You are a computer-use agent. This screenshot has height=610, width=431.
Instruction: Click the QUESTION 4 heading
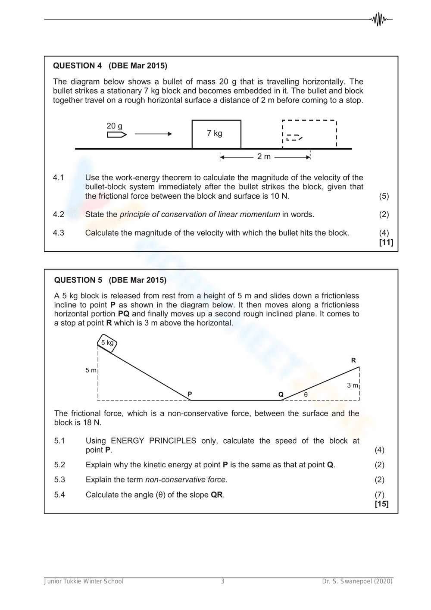tap(110, 66)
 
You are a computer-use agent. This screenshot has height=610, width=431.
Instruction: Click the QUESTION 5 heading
tap(110, 280)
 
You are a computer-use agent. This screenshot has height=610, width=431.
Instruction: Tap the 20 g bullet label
tap(114, 126)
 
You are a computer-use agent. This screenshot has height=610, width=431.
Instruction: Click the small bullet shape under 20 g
tap(117, 135)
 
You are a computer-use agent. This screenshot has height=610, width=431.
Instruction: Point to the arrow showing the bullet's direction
tap(153, 134)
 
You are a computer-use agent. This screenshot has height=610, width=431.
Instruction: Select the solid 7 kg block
tap(216, 134)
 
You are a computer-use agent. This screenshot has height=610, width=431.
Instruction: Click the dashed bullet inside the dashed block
tap(294, 138)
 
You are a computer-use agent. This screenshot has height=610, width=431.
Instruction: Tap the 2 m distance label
tap(264, 156)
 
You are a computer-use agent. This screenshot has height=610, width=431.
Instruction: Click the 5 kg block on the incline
tap(107, 343)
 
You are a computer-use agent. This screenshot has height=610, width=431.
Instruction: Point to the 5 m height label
tap(91, 370)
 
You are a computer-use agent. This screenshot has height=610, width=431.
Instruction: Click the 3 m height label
tap(352, 385)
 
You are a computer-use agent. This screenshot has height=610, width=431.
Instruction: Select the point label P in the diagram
tap(190, 394)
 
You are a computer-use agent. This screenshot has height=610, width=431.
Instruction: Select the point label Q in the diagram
tap(281, 394)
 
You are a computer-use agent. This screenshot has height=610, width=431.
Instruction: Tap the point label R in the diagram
tap(353, 360)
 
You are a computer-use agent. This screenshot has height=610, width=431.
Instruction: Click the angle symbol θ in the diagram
tap(306, 394)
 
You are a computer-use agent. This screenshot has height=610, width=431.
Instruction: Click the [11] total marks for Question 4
tap(386, 242)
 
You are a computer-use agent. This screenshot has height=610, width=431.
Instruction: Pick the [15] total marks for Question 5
tap(381, 504)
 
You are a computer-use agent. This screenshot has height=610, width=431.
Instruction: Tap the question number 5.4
tap(59, 495)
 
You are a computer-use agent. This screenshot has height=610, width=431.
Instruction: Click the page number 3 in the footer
tap(222, 582)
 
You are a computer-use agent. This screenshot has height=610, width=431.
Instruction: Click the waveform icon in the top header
tap(379, 19)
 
